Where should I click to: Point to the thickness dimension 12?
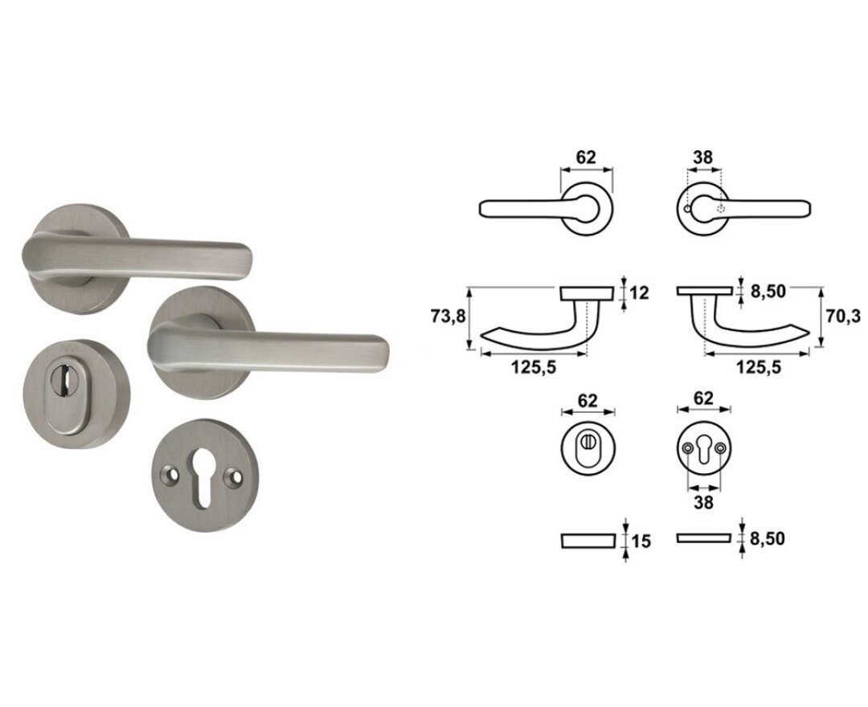pos(640,292)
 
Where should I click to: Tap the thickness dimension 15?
pos(641,541)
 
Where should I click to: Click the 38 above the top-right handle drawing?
pos(703,157)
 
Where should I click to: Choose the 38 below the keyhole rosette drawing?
pos(703,503)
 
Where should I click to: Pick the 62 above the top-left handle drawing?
pos(586,157)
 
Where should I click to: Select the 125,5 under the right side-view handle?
pos(758,367)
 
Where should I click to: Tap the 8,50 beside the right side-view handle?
pos(768,292)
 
